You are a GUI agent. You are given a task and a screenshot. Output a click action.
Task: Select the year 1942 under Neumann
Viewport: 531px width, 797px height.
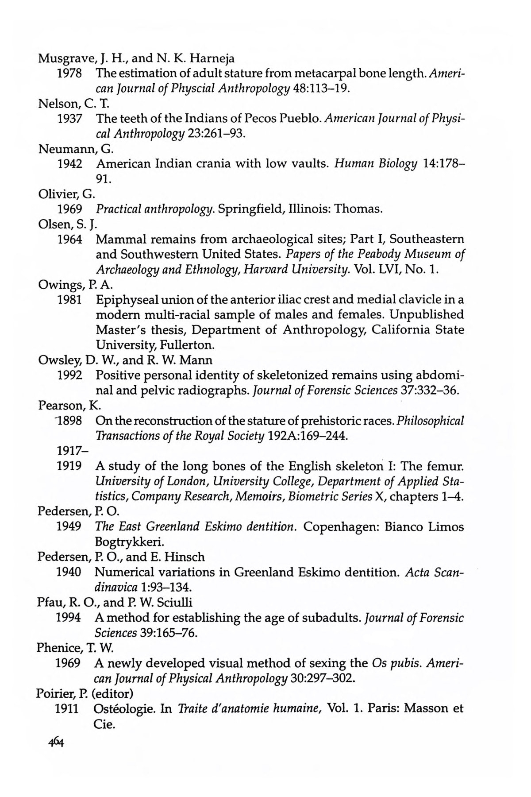(70, 164)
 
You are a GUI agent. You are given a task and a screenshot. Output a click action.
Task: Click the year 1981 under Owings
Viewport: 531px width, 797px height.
(70, 300)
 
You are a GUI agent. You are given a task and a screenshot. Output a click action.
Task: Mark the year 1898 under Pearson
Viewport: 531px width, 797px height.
(70, 421)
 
